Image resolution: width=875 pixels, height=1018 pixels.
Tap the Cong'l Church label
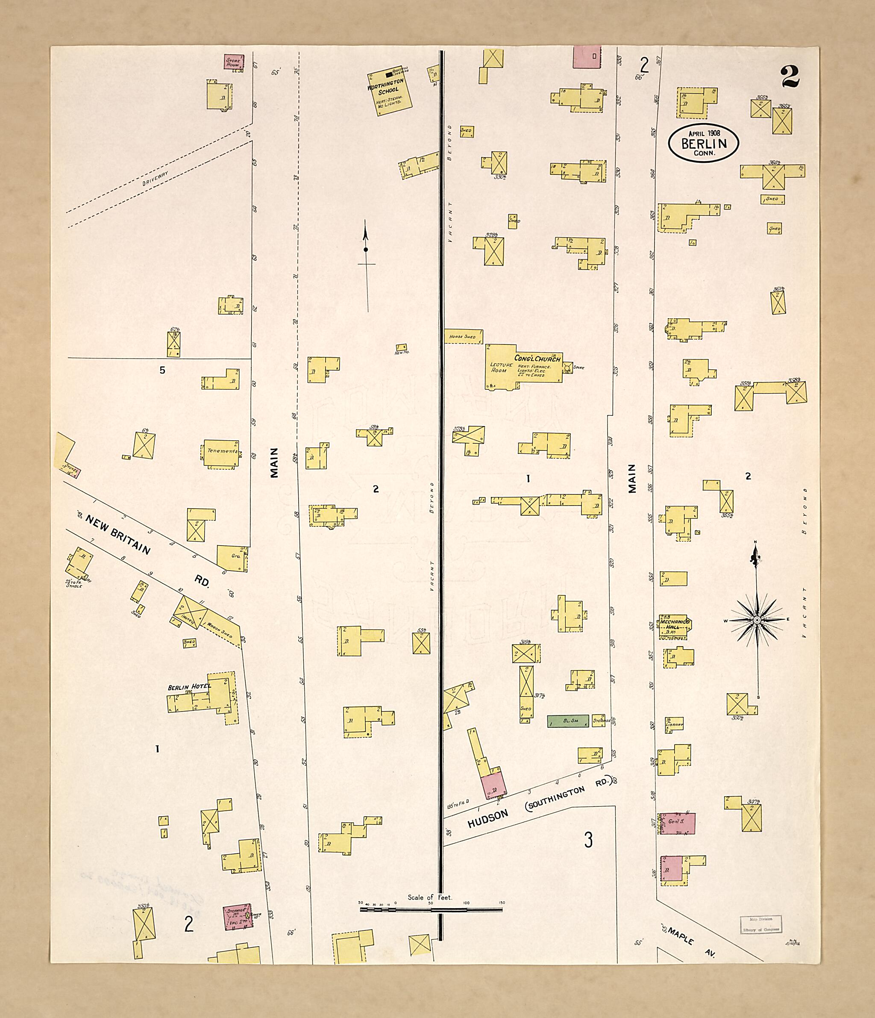(x=537, y=358)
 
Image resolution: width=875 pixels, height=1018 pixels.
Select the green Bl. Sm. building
(x=567, y=721)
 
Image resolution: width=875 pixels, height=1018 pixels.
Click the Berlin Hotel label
(x=189, y=687)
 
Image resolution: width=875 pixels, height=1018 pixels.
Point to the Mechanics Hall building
(x=673, y=627)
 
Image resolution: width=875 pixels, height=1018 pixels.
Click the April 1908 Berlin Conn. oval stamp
(x=703, y=142)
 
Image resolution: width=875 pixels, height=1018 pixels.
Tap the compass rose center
(x=757, y=620)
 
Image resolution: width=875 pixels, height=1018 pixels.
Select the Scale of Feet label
(x=430, y=897)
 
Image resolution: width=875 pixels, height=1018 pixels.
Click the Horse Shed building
(x=463, y=336)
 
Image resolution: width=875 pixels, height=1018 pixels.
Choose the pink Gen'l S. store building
(x=676, y=823)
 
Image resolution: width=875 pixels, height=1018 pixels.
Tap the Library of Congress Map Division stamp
(x=760, y=924)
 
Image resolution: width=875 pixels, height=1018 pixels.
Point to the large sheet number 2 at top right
(x=790, y=76)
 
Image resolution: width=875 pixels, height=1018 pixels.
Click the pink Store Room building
(x=234, y=61)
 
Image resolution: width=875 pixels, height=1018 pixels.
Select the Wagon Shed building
(x=220, y=627)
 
